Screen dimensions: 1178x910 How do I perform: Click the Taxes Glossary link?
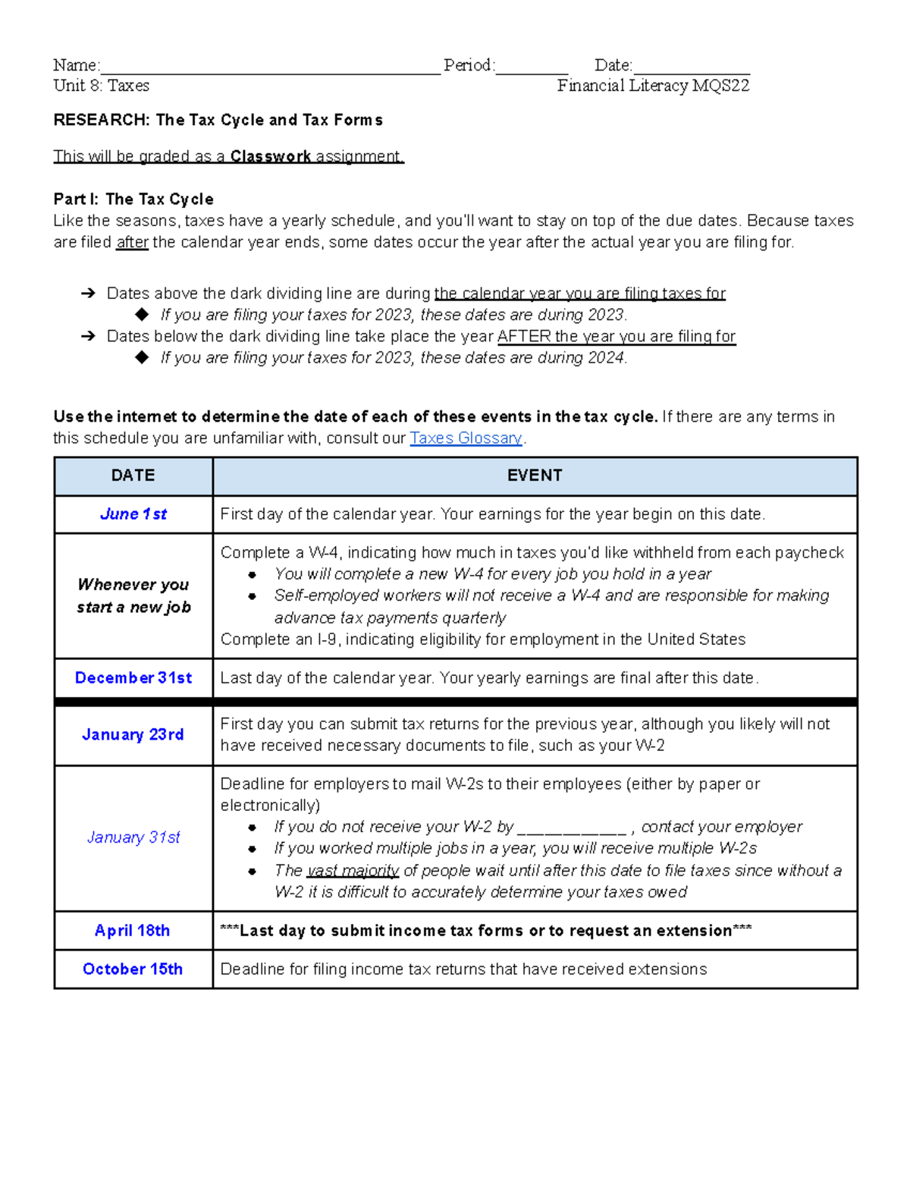click(x=466, y=438)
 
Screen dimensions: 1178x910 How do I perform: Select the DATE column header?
click(x=133, y=476)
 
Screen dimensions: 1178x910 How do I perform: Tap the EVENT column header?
click(x=535, y=476)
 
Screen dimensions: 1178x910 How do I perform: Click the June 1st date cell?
click(x=133, y=514)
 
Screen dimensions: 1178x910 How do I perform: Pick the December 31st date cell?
click(x=133, y=678)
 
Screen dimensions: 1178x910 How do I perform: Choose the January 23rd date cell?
click(x=133, y=735)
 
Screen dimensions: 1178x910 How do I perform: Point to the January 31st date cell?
click(x=133, y=837)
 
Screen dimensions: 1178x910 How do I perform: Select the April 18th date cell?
click(x=133, y=931)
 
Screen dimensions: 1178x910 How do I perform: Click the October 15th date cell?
click(x=133, y=969)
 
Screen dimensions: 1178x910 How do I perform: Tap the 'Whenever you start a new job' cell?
click(x=133, y=595)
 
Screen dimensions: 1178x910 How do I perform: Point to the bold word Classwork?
click(x=271, y=156)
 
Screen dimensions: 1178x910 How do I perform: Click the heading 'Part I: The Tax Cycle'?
click(x=133, y=199)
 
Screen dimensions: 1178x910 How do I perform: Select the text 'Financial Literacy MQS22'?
click(x=653, y=86)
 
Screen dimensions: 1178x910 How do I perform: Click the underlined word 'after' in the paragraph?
click(x=132, y=243)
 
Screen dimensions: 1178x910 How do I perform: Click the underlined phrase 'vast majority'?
click(x=353, y=871)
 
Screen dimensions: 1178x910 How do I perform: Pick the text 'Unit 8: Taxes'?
click(x=102, y=86)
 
